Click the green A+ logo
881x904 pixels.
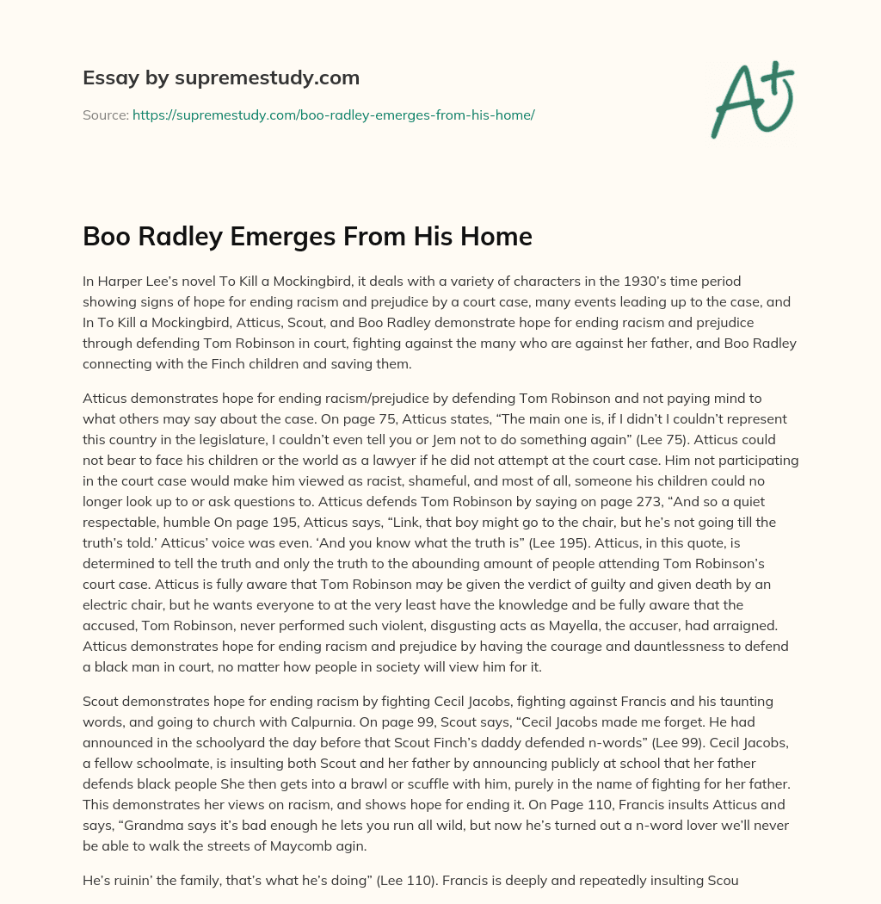coord(752,99)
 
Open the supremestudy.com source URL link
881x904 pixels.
coord(333,115)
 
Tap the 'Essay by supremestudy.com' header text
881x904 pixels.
coord(221,77)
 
